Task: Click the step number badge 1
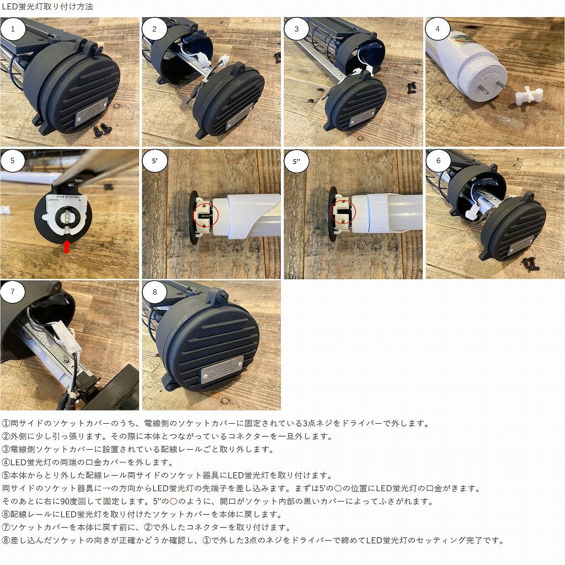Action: click(13, 29)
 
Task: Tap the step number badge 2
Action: click(155, 29)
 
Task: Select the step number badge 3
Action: click(297, 29)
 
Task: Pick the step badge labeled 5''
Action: click(297, 161)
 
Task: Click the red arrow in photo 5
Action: click(67, 246)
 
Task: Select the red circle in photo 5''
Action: click(343, 212)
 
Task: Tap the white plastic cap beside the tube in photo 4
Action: click(529, 96)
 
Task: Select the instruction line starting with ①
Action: click(216, 423)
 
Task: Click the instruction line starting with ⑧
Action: click(253, 540)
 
